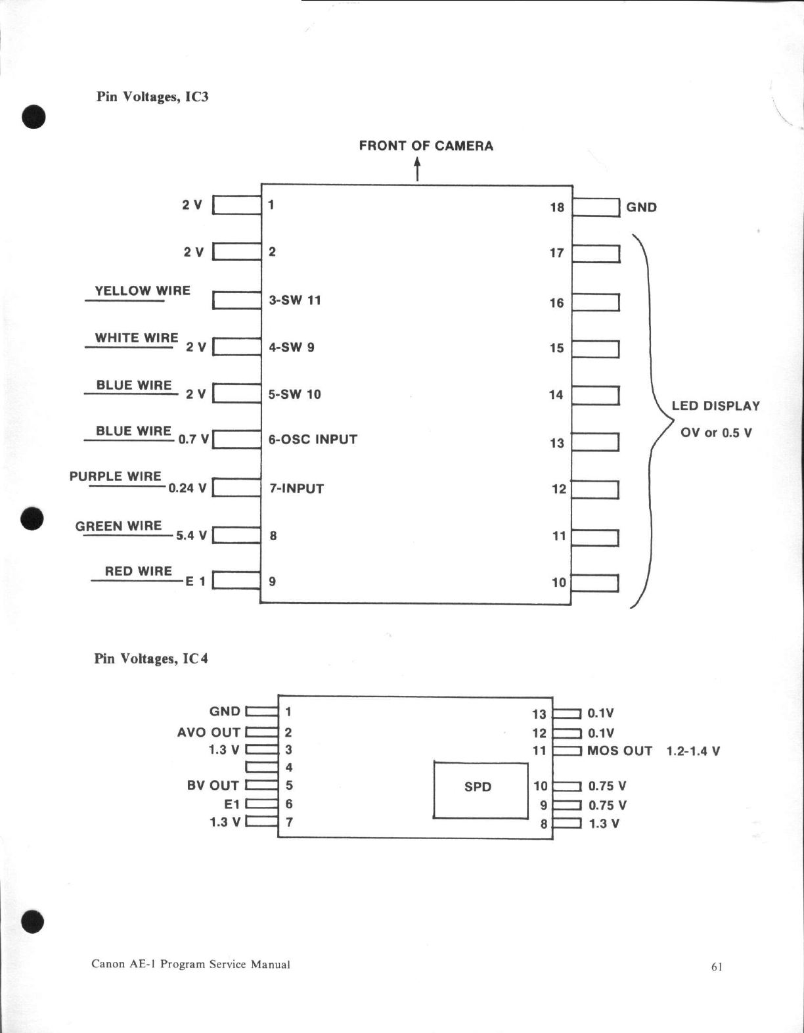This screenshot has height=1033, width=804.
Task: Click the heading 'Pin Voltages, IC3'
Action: tap(152, 97)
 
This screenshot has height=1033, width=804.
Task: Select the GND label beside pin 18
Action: tap(641, 207)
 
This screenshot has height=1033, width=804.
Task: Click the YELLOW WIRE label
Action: tap(143, 290)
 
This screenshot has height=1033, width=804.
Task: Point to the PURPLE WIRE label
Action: tap(115, 476)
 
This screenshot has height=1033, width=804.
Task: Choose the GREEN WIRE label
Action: tap(118, 526)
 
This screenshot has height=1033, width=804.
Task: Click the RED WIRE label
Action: tap(138, 571)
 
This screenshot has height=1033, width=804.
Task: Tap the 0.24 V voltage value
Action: tap(187, 488)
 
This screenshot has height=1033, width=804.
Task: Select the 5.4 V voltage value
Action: tap(191, 536)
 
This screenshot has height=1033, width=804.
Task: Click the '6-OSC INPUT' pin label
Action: tap(313, 440)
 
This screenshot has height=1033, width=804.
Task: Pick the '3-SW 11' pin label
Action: tap(295, 300)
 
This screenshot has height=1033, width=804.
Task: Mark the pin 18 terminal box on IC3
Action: tap(596, 207)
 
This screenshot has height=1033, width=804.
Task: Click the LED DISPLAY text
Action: tap(715, 406)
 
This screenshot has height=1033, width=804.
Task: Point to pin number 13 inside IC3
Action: tap(557, 443)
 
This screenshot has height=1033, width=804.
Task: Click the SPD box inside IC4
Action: tap(480, 789)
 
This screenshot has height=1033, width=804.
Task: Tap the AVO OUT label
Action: tap(209, 732)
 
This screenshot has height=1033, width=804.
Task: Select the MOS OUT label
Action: tap(619, 750)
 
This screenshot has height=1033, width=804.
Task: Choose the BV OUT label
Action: tap(213, 785)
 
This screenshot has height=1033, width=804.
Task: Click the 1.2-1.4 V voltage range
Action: tap(693, 751)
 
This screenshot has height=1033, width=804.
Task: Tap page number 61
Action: tap(717, 967)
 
